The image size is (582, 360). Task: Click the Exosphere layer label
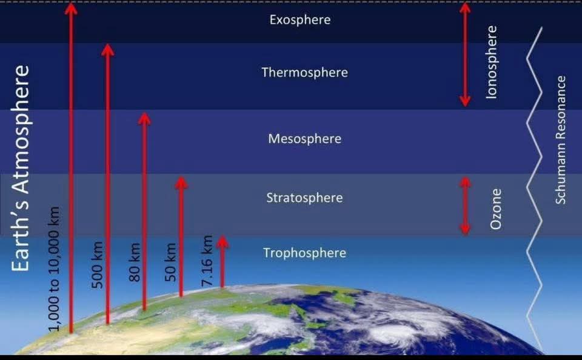pos(300,19)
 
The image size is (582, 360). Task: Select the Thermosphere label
pos(305,72)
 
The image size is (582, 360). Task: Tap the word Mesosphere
pos(305,139)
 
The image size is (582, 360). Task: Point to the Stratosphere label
pos(304,198)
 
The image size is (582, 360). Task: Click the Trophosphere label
pos(305,253)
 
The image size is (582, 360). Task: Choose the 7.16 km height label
pos(207,261)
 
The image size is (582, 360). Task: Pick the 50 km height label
pos(170,262)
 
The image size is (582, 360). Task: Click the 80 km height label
pos(135,262)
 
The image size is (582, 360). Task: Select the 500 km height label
pos(97,265)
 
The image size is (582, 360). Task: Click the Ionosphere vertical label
pos(491,62)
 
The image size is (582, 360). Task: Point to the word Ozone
pos(495,209)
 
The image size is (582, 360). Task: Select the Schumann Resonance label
pos(560,140)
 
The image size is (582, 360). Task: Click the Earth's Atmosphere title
pos(20,168)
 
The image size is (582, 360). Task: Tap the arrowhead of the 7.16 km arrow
pos(222,242)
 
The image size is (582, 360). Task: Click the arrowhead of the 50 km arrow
pos(181,183)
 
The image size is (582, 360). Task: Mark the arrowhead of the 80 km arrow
pos(144,119)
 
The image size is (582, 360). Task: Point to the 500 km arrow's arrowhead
pos(108,50)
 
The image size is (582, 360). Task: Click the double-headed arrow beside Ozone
pos(465,206)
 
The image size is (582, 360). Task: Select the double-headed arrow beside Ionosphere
pos(465,55)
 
